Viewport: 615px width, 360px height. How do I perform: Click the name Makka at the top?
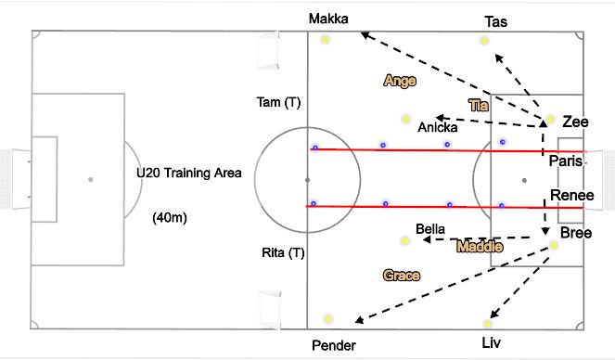click(329, 18)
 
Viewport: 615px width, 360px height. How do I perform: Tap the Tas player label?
click(495, 20)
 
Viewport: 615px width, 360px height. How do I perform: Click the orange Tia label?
click(478, 105)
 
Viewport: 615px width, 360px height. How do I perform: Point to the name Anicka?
click(437, 127)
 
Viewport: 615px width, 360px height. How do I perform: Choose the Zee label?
click(575, 121)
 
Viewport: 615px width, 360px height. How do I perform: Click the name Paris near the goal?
click(566, 161)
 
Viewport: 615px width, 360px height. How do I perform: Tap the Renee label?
click(570, 195)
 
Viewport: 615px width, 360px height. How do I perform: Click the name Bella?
click(431, 227)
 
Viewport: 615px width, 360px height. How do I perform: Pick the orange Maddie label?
click(480, 247)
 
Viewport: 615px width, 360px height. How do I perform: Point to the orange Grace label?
click(402, 276)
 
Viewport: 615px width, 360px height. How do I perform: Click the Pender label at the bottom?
click(333, 345)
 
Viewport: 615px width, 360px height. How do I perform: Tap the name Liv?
click(492, 343)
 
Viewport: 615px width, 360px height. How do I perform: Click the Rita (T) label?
click(284, 252)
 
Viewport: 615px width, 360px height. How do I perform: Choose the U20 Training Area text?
click(188, 173)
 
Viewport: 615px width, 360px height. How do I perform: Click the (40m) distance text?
click(171, 220)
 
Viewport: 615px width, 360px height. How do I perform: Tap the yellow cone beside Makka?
click(326, 39)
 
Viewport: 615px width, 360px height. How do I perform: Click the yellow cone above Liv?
click(488, 323)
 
